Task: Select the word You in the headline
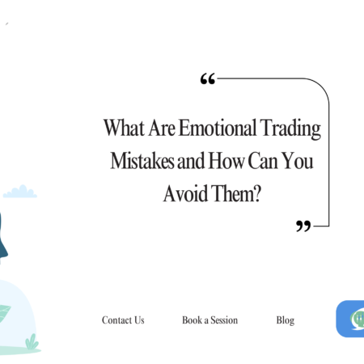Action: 299,161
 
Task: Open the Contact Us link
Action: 123,320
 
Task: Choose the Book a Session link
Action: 210,320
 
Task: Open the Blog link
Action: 285,320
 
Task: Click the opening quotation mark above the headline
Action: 207,79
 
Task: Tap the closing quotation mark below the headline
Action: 303,226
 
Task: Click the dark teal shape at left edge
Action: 3,239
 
